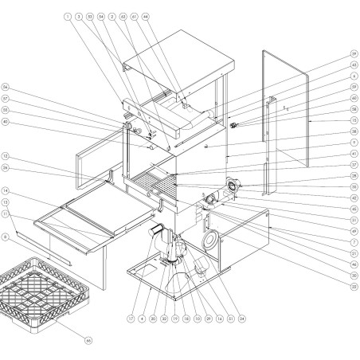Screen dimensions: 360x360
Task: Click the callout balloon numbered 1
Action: [x=68, y=16]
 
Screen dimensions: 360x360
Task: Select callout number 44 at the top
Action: [x=145, y=16]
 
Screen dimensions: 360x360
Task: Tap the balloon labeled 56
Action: [x=5, y=87]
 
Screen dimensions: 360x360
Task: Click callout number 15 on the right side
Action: [x=353, y=121]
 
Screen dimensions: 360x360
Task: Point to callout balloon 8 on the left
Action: [x=5, y=236]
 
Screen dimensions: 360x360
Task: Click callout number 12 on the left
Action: [x=5, y=155]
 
